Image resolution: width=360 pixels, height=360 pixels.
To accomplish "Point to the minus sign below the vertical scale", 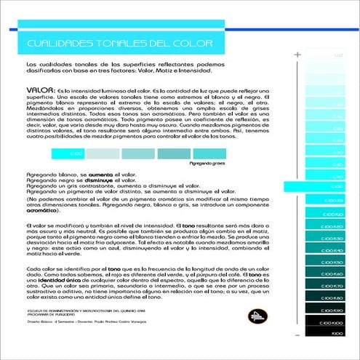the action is point(297,335).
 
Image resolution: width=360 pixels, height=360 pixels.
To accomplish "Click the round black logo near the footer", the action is point(255,315).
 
